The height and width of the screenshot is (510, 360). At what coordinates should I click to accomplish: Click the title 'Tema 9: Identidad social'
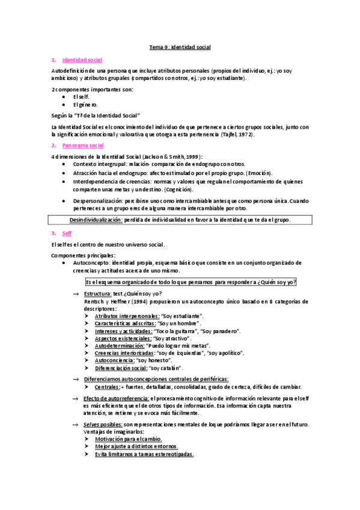point(180,47)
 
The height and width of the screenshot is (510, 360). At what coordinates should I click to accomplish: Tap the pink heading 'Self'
point(66,233)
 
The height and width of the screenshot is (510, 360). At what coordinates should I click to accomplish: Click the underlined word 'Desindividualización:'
point(96,220)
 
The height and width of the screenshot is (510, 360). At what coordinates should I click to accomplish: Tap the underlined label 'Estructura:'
point(98,293)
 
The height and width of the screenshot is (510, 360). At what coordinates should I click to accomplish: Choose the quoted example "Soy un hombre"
point(181,324)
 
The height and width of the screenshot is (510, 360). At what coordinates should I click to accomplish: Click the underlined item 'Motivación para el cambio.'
point(128,440)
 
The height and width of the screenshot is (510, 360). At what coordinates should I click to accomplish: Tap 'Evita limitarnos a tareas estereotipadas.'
point(144,455)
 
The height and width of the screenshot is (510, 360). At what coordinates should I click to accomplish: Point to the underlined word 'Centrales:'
point(108,387)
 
